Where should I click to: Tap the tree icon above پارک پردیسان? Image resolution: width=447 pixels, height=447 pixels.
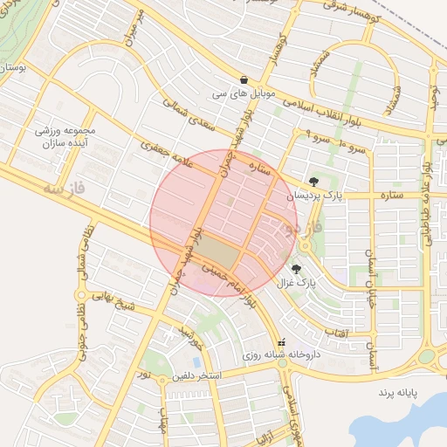313,181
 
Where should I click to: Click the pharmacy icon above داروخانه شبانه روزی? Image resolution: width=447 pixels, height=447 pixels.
280,342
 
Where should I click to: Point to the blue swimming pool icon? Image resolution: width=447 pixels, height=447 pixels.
197,361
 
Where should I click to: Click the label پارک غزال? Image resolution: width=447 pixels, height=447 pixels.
294,283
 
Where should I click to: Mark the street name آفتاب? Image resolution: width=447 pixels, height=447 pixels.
336,332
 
